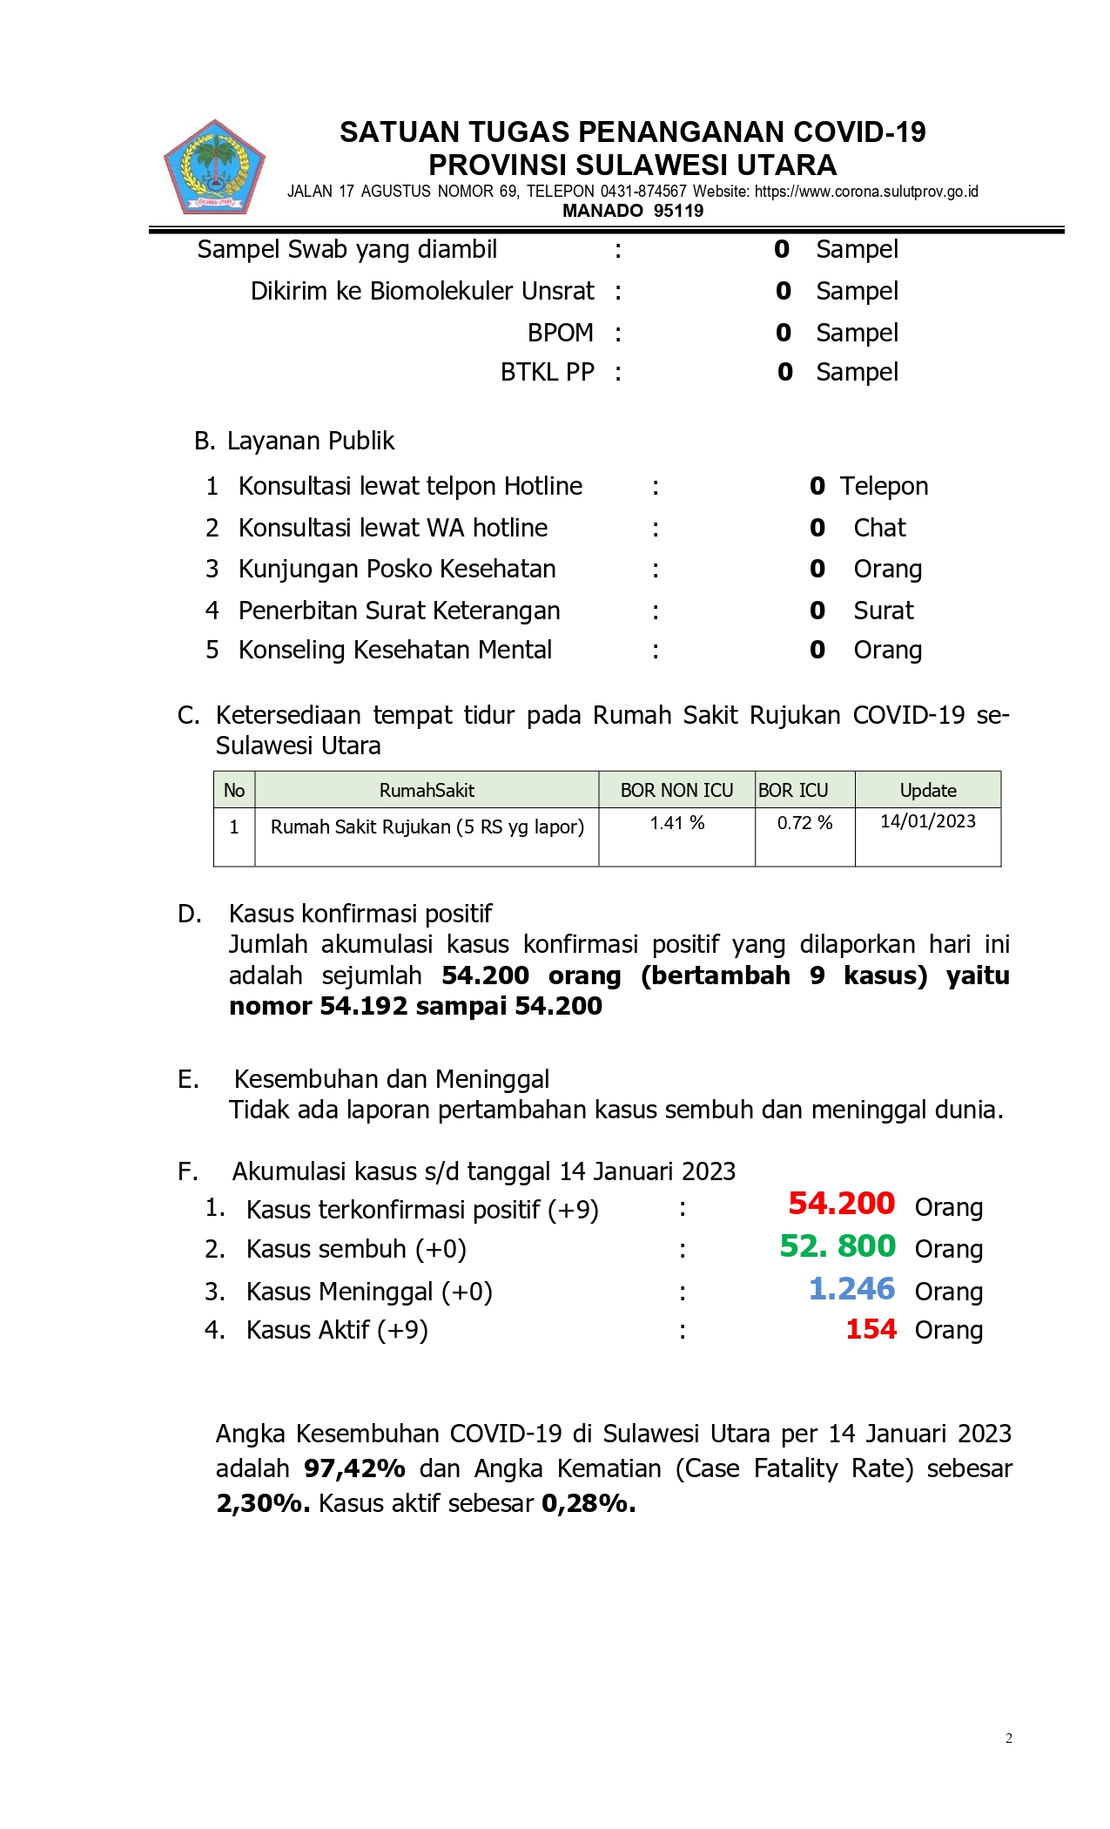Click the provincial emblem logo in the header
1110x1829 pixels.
(x=214, y=167)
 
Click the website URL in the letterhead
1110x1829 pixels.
(x=866, y=192)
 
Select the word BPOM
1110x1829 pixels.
(x=560, y=333)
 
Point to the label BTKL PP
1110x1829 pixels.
(x=547, y=372)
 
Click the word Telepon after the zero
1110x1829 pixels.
(x=884, y=486)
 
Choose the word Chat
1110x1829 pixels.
(x=879, y=528)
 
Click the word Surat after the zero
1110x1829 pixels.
(x=883, y=611)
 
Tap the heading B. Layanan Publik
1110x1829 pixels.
(x=294, y=441)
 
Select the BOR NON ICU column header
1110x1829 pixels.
(x=676, y=790)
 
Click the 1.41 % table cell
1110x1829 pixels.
(x=676, y=823)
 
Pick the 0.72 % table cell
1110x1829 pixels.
(x=804, y=823)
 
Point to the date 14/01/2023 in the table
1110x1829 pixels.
(x=927, y=821)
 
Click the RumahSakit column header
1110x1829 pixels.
(x=427, y=790)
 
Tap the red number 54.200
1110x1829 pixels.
(x=841, y=1203)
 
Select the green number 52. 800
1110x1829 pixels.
(x=837, y=1245)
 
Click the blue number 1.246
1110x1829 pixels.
(x=851, y=1288)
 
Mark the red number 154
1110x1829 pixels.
(x=871, y=1329)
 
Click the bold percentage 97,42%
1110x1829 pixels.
(x=354, y=1468)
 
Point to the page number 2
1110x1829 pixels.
(x=1008, y=1738)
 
